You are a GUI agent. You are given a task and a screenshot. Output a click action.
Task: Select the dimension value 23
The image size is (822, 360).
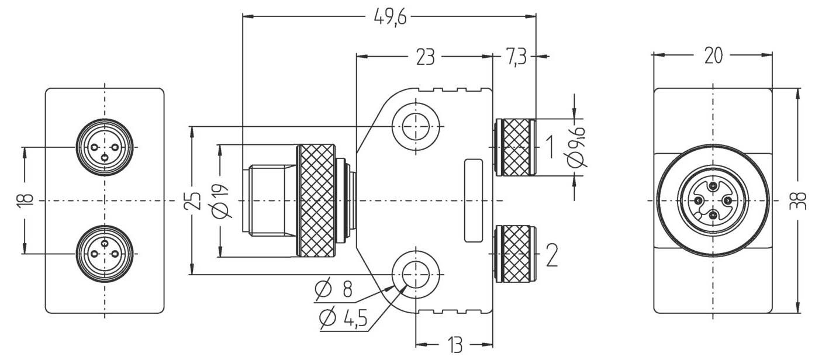[425, 57]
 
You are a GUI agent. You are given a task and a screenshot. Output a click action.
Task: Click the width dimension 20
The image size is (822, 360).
[713, 56]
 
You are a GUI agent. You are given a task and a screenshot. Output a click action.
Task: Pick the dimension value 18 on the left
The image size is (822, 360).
[24, 200]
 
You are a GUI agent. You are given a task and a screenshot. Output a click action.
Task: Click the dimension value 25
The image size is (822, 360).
[194, 200]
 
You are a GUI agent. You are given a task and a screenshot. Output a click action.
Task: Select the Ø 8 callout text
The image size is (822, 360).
[334, 289]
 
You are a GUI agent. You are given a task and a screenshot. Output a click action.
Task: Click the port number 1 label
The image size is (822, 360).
[549, 147]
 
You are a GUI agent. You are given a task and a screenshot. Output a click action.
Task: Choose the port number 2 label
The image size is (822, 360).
[551, 254]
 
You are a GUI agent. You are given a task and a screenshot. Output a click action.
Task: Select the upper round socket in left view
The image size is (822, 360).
[105, 147]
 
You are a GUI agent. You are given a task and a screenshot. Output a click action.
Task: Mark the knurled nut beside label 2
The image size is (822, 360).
[513, 254]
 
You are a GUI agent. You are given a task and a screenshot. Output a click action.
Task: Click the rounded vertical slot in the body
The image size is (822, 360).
[474, 200]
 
